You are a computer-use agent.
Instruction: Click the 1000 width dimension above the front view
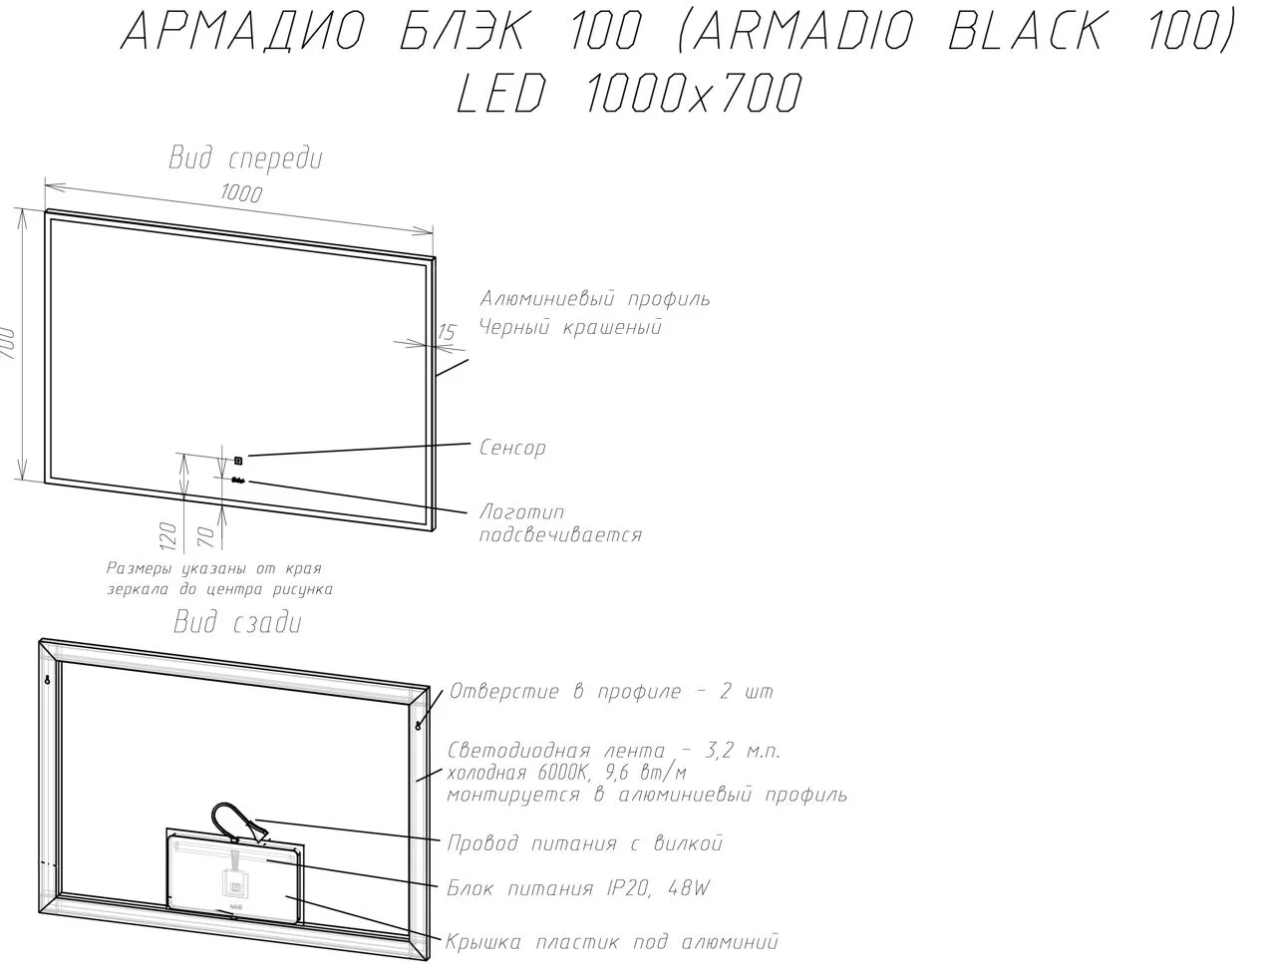(x=241, y=192)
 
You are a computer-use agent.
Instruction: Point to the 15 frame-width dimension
(x=447, y=332)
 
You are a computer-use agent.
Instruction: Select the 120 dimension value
(x=167, y=536)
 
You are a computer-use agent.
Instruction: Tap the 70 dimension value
(x=206, y=537)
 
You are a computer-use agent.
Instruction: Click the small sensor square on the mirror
(x=238, y=461)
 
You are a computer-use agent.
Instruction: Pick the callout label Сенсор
(x=512, y=448)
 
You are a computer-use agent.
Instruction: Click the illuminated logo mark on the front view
(x=238, y=482)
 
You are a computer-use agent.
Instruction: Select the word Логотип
(x=521, y=511)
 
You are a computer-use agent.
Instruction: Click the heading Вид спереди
(x=245, y=159)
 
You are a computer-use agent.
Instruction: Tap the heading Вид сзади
(x=237, y=623)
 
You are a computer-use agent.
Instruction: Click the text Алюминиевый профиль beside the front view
(x=594, y=299)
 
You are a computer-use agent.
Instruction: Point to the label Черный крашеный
(x=570, y=327)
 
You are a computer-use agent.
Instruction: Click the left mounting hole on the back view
(x=47, y=680)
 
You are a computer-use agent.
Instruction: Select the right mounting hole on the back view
(x=419, y=725)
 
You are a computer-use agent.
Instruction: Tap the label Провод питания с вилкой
(x=584, y=843)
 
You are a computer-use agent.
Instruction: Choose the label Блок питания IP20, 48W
(x=578, y=888)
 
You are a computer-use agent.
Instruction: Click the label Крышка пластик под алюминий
(x=611, y=942)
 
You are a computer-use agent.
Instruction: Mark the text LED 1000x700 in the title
(x=629, y=93)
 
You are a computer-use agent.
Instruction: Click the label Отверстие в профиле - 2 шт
(x=611, y=692)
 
